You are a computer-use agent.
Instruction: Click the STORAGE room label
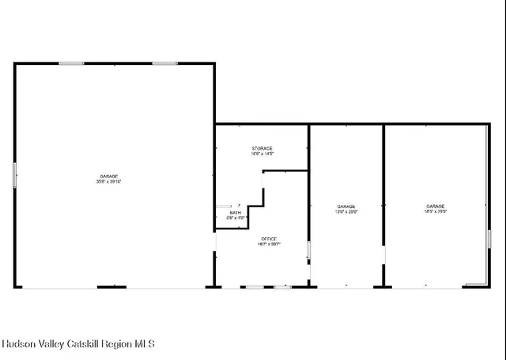[262, 149]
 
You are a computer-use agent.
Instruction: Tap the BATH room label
[236, 212]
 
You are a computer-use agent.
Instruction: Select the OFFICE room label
[270, 239]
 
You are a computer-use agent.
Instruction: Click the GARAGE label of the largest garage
[108, 176]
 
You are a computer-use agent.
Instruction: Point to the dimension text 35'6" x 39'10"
[108, 182]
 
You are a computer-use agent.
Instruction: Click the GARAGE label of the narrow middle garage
[347, 206]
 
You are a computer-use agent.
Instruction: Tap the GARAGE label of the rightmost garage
[436, 206]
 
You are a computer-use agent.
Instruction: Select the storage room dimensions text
[262, 154]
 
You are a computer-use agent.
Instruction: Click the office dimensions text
[270, 244]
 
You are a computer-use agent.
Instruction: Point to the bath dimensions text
[236, 218]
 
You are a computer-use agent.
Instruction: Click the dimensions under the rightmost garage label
[436, 212]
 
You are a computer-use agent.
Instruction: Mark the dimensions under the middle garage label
[347, 212]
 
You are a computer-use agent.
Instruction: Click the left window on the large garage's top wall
[71, 63]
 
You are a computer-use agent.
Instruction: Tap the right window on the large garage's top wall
[164, 63]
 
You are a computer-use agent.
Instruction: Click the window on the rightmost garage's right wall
[489, 239]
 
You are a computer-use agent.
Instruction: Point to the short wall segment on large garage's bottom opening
[111, 286]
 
